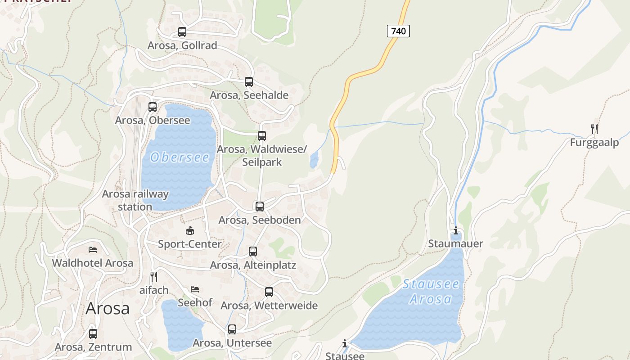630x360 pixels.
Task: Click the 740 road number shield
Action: tap(398, 31)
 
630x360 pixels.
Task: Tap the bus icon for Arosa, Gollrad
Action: tap(182, 32)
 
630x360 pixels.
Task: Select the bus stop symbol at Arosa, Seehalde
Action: tap(249, 82)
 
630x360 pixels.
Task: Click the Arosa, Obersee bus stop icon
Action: tap(153, 107)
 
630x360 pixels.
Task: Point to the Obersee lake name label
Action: tap(180, 157)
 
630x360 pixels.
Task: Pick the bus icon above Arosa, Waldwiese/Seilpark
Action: tap(262, 136)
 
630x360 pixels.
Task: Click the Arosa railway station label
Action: tap(135, 200)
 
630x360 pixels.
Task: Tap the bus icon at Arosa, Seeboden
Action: tap(260, 207)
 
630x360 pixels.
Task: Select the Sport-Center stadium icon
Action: tap(190, 231)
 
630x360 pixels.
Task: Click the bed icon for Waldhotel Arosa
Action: tap(93, 249)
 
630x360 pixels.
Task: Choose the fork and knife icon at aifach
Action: tap(154, 276)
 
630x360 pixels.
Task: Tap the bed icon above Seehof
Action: tap(194, 289)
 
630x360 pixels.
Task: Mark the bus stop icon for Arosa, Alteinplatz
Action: tap(253, 252)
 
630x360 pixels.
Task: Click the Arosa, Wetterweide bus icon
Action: tap(269, 292)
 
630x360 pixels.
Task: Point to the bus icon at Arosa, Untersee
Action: tap(232, 329)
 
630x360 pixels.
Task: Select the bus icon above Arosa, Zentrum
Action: tap(93, 334)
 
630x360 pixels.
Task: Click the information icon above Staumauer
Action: tap(456, 231)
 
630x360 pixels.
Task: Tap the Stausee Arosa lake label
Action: tap(431, 292)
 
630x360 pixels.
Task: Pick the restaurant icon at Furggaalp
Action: tap(594, 129)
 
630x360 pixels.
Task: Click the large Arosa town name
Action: tap(108, 308)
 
